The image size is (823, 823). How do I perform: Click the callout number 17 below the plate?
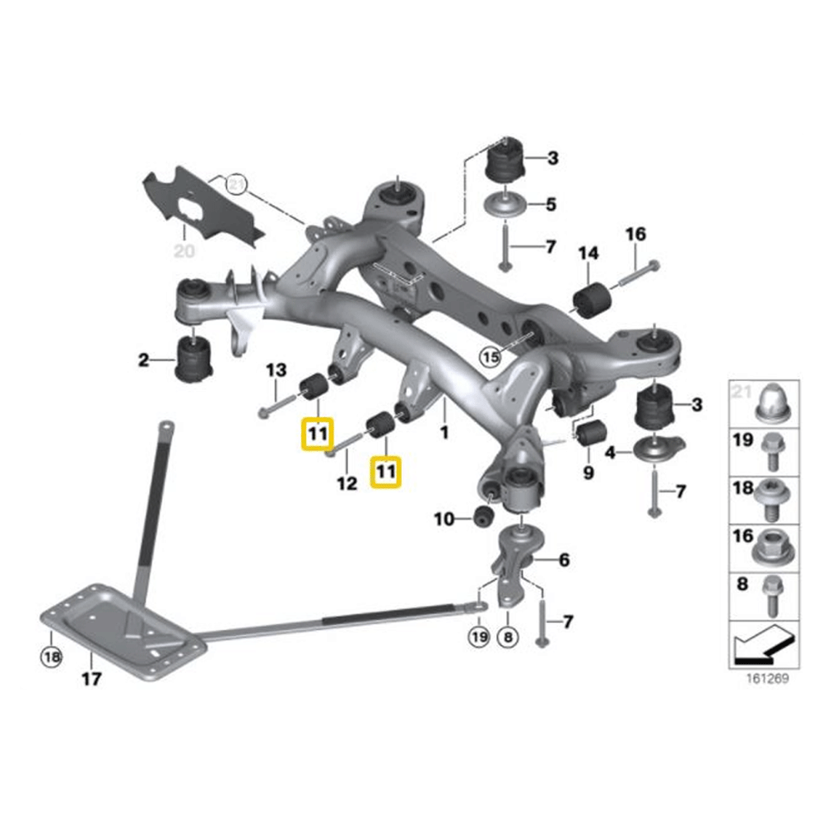click(91, 679)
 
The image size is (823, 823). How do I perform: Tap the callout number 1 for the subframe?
click(444, 431)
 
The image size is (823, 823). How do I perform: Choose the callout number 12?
click(346, 483)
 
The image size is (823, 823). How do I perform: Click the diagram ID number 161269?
click(766, 681)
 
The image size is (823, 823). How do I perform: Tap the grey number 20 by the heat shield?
click(184, 251)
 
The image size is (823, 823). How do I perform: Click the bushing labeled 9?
click(589, 435)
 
